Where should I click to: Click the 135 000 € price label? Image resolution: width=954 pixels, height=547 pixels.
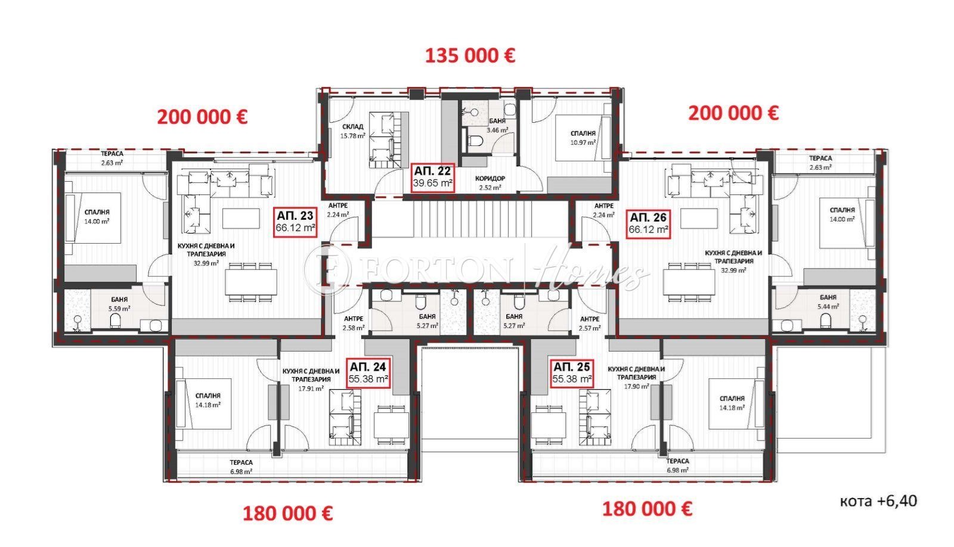(470, 56)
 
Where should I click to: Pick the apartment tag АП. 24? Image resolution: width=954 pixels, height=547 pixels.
(369, 373)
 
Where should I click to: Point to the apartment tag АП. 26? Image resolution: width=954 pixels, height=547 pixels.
(649, 224)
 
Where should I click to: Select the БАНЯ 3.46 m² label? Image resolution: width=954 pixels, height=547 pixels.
(497, 125)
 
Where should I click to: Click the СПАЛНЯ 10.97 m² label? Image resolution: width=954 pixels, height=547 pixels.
(583, 138)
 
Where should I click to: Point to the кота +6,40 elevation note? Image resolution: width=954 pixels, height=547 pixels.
(878, 501)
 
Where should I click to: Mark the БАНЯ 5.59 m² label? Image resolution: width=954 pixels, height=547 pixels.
(119, 304)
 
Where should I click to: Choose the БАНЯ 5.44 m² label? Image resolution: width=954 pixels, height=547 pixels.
(828, 302)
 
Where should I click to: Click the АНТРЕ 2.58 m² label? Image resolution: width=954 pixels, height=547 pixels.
(353, 323)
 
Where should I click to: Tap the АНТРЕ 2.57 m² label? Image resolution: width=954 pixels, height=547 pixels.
(590, 324)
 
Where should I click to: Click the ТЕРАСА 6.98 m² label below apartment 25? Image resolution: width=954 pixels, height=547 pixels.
(677, 465)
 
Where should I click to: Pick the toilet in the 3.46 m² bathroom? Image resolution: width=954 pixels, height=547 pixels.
(475, 141)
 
